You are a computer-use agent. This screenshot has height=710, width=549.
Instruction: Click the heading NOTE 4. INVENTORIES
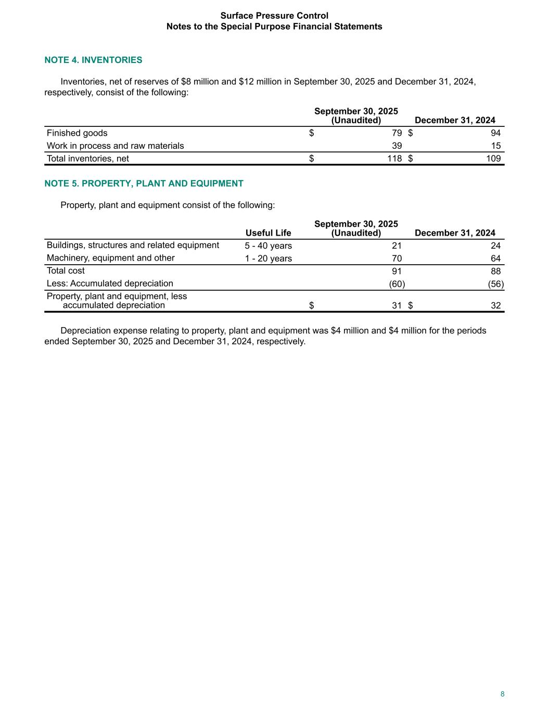point(93,60)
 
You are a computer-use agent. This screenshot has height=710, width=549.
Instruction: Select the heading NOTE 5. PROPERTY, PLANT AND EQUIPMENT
point(144,183)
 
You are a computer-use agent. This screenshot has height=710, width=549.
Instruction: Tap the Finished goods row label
point(77,133)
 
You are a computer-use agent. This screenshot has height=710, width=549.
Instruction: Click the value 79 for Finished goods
point(397,133)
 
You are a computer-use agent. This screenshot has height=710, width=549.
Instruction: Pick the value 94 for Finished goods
point(495,133)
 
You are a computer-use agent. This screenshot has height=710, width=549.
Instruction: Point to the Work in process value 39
point(397,146)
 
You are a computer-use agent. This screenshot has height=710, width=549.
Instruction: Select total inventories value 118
point(394,159)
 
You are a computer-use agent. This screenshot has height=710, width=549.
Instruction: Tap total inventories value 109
point(493,159)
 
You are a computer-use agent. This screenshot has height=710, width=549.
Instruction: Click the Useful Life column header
point(268,233)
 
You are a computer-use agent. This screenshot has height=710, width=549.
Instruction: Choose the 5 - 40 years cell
point(268,246)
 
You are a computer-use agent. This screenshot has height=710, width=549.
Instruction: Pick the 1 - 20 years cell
point(268,259)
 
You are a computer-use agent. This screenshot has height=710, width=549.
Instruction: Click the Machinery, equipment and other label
point(111,258)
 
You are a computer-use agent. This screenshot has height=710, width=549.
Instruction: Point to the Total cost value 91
point(397,271)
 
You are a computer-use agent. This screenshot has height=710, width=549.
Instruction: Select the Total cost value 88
point(495,271)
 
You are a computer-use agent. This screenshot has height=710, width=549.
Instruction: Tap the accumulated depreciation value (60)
point(397,284)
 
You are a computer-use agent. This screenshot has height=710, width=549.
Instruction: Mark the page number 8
point(502,694)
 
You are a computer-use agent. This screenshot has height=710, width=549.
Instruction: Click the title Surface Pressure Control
point(274,16)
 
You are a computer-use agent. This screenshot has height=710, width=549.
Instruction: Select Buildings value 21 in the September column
point(397,246)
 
